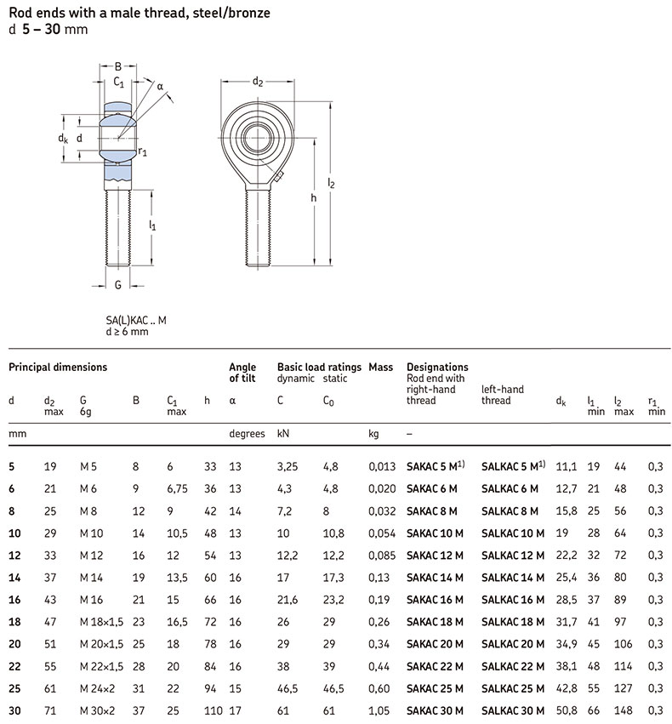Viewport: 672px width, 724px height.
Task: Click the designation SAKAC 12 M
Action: click(435, 556)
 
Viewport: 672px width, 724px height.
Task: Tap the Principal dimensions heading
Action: click(58, 368)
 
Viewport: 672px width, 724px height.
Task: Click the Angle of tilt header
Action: click(242, 373)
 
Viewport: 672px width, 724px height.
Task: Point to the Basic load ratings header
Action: click(319, 368)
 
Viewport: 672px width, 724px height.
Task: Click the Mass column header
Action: click(380, 368)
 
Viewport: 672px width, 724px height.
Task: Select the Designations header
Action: click(437, 368)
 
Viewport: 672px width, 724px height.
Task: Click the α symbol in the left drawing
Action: click(159, 85)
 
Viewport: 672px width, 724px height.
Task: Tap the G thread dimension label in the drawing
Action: click(118, 284)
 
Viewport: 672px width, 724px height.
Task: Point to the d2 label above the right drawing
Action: click(257, 82)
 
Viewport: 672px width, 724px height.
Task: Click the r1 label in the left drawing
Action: click(143, 152)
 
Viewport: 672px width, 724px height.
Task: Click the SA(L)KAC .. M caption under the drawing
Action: click(136, 320)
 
